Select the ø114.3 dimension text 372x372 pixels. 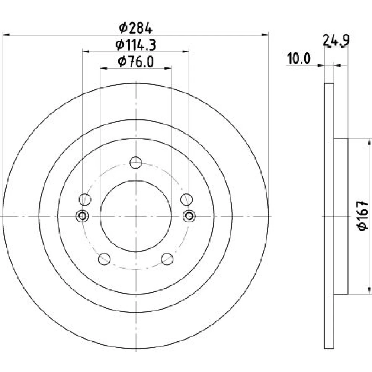coord(136,45)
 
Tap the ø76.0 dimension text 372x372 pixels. coord(136,62)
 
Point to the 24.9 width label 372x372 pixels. coord(336,40)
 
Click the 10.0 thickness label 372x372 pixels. coord(299,59)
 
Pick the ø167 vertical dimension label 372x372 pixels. coord(363,216)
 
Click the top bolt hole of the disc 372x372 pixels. coord(136,163)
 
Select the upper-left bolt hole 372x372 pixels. coord(85,199)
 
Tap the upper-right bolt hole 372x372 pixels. coord(186,199)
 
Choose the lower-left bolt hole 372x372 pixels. coord(104,259)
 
